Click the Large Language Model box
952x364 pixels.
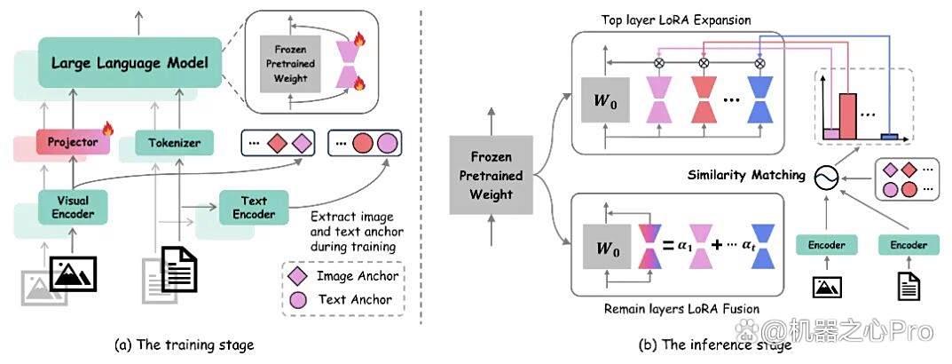(130, 63)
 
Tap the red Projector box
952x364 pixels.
(74, 142)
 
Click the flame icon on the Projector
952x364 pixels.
(108, 128)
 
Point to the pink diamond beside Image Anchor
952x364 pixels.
(303, 276)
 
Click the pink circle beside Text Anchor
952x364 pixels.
(303, 299)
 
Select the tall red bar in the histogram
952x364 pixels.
(847, 116)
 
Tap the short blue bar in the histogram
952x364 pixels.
(889, 136)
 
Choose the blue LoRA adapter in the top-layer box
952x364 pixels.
(760, 99)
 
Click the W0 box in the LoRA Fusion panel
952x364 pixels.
(605, 247)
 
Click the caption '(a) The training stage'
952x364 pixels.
(184, 345)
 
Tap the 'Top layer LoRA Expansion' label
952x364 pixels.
(676, 20)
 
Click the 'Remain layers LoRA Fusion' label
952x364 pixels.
(681, 309)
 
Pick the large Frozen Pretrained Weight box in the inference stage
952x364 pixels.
(491, 175)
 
